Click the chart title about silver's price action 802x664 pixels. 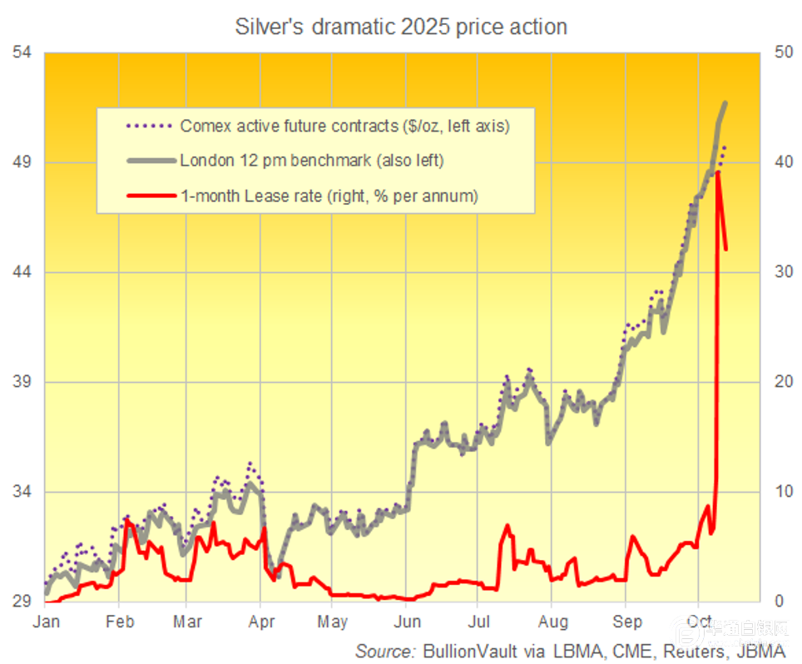point(401,27)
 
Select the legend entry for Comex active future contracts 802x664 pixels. point(344,126)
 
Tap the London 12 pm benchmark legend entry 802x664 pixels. point(312,161)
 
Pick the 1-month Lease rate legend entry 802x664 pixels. point(329,196)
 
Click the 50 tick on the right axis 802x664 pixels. point(782,52)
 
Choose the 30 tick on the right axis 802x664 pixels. point(782,272)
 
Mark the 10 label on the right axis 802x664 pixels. point(782,492)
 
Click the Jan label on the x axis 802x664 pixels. point(47,621)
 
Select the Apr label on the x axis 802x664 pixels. point(262,621)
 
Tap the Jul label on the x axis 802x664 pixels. point(478,621)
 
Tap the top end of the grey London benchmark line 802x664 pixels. point(725,103)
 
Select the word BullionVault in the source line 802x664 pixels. point(464,649)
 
